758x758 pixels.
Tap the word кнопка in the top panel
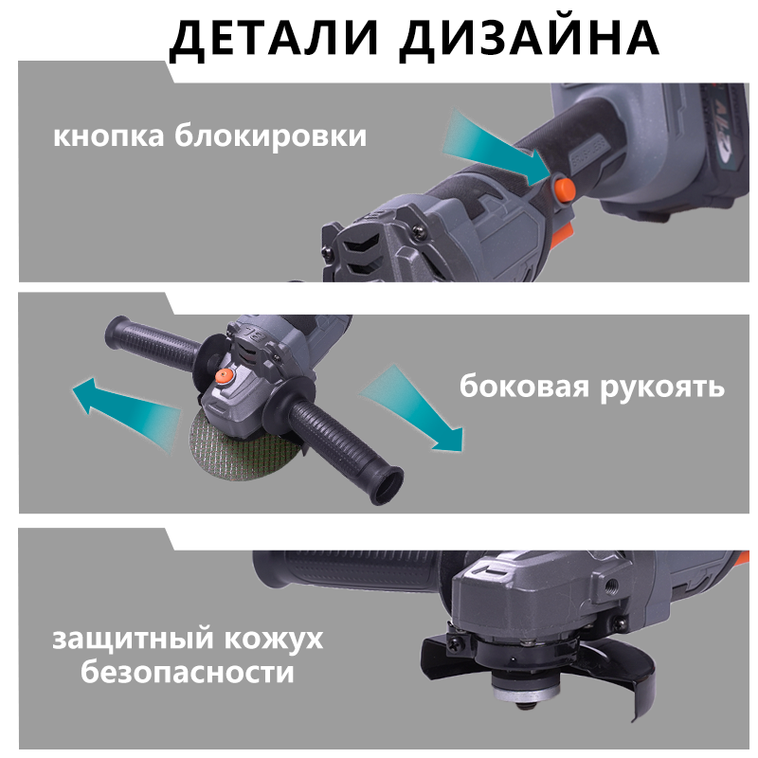pyautogui.click(x=110, y=136)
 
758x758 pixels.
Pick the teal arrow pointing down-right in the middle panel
pyautogui.click(x=417, y=407)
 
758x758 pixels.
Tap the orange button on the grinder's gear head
pyautogui.click(x=225, y=376)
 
